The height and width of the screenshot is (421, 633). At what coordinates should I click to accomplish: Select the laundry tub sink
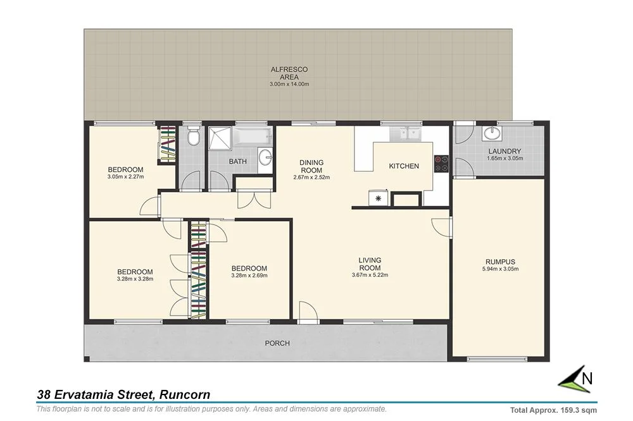(492, 133)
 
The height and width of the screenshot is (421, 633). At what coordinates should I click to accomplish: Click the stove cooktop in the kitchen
(441, 164)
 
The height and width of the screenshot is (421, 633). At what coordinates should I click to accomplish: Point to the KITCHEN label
(404, 166)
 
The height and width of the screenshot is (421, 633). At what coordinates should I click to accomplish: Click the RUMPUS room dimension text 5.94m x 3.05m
(500, 269)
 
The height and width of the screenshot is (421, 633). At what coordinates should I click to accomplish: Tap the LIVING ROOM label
(370, 264)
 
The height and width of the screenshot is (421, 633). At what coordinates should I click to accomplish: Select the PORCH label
(278, 344)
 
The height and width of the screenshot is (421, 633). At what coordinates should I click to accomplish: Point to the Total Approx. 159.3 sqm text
(553, 410)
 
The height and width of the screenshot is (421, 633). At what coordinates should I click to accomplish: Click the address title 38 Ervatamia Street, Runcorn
(123, 395)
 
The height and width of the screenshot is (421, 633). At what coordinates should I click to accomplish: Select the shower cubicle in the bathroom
(222, 138)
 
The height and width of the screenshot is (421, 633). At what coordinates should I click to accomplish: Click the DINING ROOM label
(311, 166)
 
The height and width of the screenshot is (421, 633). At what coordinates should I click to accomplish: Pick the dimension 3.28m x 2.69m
(249, 276)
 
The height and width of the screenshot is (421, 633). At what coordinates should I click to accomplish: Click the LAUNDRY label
(505, 151)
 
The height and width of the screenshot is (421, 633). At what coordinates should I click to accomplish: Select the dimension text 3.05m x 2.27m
(125, 177)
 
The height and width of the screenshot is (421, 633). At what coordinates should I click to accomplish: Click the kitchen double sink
(407, 133)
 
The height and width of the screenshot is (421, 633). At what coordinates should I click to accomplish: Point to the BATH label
(238, 162)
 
